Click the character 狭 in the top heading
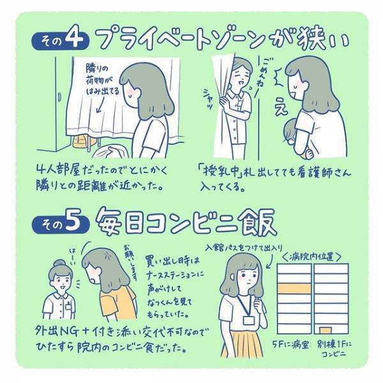pos(319,40)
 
